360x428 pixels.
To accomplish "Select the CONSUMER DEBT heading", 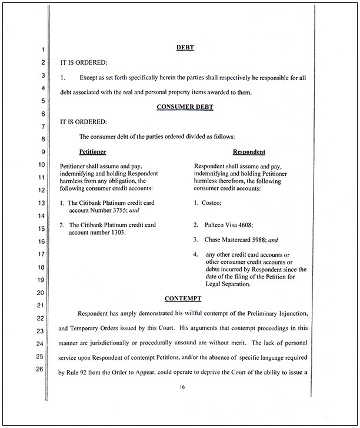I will coord(186,107).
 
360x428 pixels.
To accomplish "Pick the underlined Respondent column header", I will coord(249,152).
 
